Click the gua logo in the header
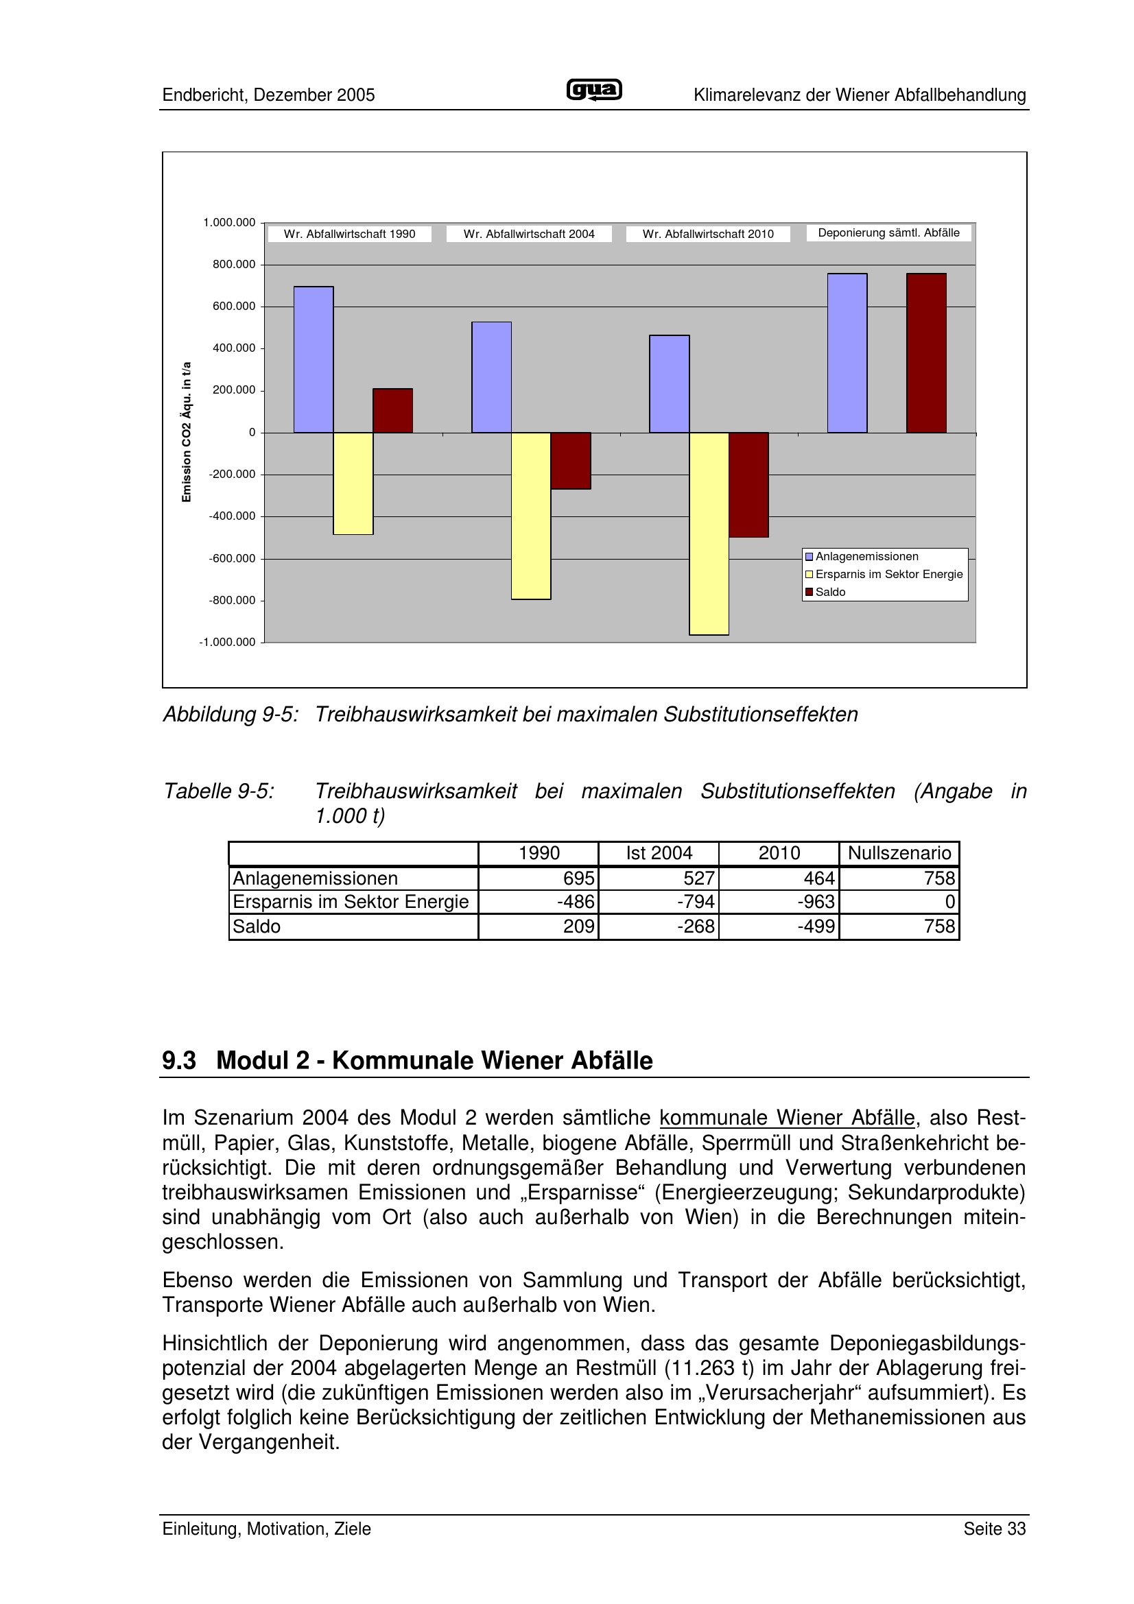(x=594, y=91)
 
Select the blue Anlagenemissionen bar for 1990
(x=313, y=359)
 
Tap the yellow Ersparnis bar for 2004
(x=531, y=516)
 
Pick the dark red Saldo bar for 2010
(x=748, y=484)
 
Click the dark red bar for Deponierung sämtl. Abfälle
(x=925, y=352)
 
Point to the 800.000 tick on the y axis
(x=234, y=265)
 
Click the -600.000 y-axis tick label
(x=232, y=559)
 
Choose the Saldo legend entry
(x=830, y=592)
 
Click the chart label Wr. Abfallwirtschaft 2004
(x=529, y=234)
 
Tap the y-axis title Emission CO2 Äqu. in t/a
(x=187, y=432)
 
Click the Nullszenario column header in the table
(x=899, y=853)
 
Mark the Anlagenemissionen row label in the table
(x=315, y=878)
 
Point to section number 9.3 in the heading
(x=179, y=1060)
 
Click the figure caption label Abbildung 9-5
(x=231, y=715)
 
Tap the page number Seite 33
(x=994, y=1529)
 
